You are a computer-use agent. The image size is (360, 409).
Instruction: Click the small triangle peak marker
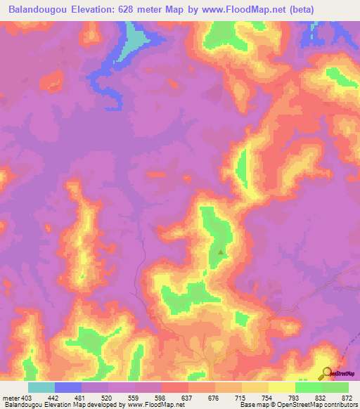[221, 251]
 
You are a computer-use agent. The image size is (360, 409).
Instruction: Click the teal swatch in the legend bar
[41, 388]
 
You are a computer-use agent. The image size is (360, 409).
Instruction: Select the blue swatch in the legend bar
[68, 388]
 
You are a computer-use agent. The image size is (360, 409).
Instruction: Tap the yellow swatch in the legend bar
[282, 388]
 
